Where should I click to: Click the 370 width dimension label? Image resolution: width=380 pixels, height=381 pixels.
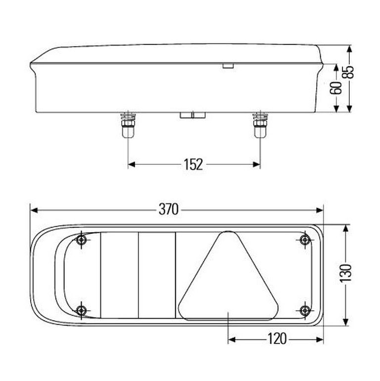point(169,209)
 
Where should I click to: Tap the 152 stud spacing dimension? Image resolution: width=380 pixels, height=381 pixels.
point(193,164)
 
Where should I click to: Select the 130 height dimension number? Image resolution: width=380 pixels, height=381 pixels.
point(345,273)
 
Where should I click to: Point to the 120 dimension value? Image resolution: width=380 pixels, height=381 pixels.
point(277,339)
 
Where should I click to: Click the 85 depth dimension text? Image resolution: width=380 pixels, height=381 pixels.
point(348,72)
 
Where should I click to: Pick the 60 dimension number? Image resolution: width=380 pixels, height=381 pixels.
point(336,88)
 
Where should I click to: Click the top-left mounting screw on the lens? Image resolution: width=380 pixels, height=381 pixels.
point(81,240)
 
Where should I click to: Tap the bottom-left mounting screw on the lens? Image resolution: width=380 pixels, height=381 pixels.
point(81,310)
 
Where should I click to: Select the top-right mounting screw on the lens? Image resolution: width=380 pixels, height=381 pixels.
point(305,240)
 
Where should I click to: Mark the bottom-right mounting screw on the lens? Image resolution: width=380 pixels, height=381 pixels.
point(305,310)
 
